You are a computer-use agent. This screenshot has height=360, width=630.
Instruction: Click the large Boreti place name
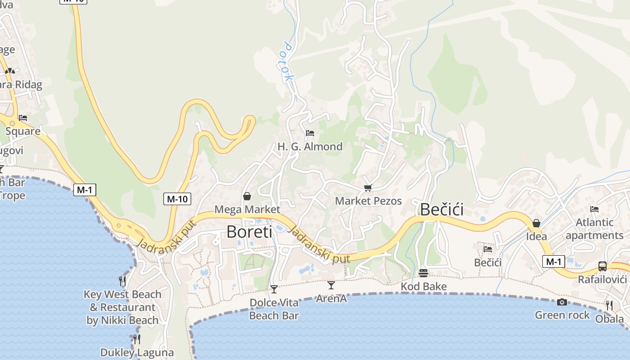(x=249, y=232)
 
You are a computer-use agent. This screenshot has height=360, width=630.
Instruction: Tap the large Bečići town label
(x=442, y=210)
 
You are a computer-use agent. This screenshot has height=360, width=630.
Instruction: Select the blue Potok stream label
(x=288, y=62)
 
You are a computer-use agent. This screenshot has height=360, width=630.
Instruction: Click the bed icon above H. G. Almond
(x=310, y=133)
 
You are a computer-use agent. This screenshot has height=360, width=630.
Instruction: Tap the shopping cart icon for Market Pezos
(x=368, y=188)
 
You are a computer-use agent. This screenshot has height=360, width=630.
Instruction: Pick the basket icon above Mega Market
(x=247, y=196)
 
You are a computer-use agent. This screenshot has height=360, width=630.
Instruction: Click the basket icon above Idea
(x=536, y=223)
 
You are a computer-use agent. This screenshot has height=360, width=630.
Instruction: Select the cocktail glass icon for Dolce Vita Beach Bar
(x=274, y=289)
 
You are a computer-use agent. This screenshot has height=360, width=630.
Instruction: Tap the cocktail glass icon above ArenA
(x=331, y=285)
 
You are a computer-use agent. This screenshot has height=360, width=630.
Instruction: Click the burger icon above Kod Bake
(x=423, y=273)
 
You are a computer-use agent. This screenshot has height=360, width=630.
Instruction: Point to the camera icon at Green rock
(x=562, y=302)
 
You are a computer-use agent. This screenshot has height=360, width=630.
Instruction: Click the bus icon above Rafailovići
(x=603, y=266)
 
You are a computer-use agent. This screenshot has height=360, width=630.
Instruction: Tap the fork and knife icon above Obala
(x=609, y=306)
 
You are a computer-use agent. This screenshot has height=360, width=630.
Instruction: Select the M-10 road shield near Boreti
(x=177, y=198)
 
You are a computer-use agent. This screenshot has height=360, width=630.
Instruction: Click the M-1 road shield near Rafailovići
(x=553, y=261)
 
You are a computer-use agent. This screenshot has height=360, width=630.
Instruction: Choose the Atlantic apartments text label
(x=594, y=229)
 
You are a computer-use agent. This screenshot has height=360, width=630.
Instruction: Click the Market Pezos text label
(x=368, y=201)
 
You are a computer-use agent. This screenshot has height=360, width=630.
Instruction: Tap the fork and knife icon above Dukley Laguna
(x=137, y=339)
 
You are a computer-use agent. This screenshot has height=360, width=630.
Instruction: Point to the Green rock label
(x=562, y=315)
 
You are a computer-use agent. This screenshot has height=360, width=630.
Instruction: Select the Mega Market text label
(x=247, y=209)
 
